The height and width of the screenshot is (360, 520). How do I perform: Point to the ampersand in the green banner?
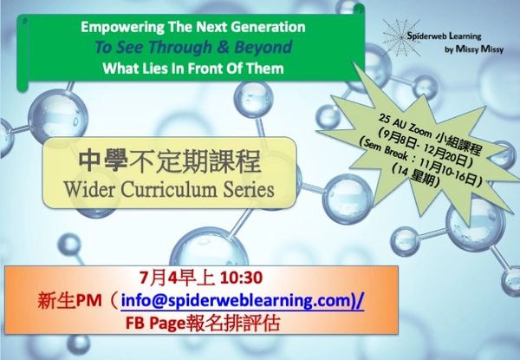[x=223, y=47]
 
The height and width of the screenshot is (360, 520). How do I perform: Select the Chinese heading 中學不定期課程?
[x=170, y=162]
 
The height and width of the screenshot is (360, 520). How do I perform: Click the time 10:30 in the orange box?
[x=241, y=278]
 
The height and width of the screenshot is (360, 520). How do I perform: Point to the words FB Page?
[x=154, y=324]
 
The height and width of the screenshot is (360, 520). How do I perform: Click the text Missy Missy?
[x=479, y=49]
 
